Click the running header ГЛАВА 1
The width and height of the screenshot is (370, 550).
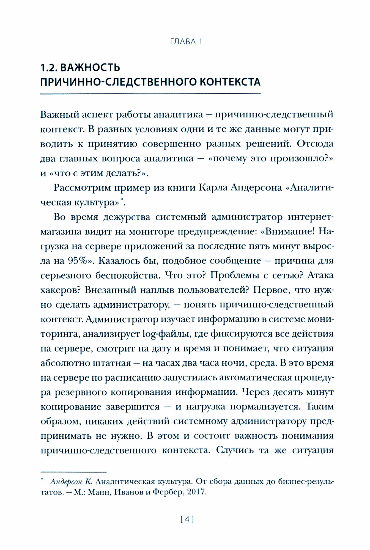(x=186, y=42)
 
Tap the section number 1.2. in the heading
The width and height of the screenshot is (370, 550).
(x=49, y=68)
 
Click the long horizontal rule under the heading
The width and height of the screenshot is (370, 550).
(x=150, y=94)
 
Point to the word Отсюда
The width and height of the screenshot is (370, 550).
(x=316, y=144)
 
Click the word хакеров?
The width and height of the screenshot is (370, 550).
(x=61, y=290)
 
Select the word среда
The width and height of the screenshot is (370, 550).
(x=262, y=363)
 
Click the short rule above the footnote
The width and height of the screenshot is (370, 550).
(x=73, y=471)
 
